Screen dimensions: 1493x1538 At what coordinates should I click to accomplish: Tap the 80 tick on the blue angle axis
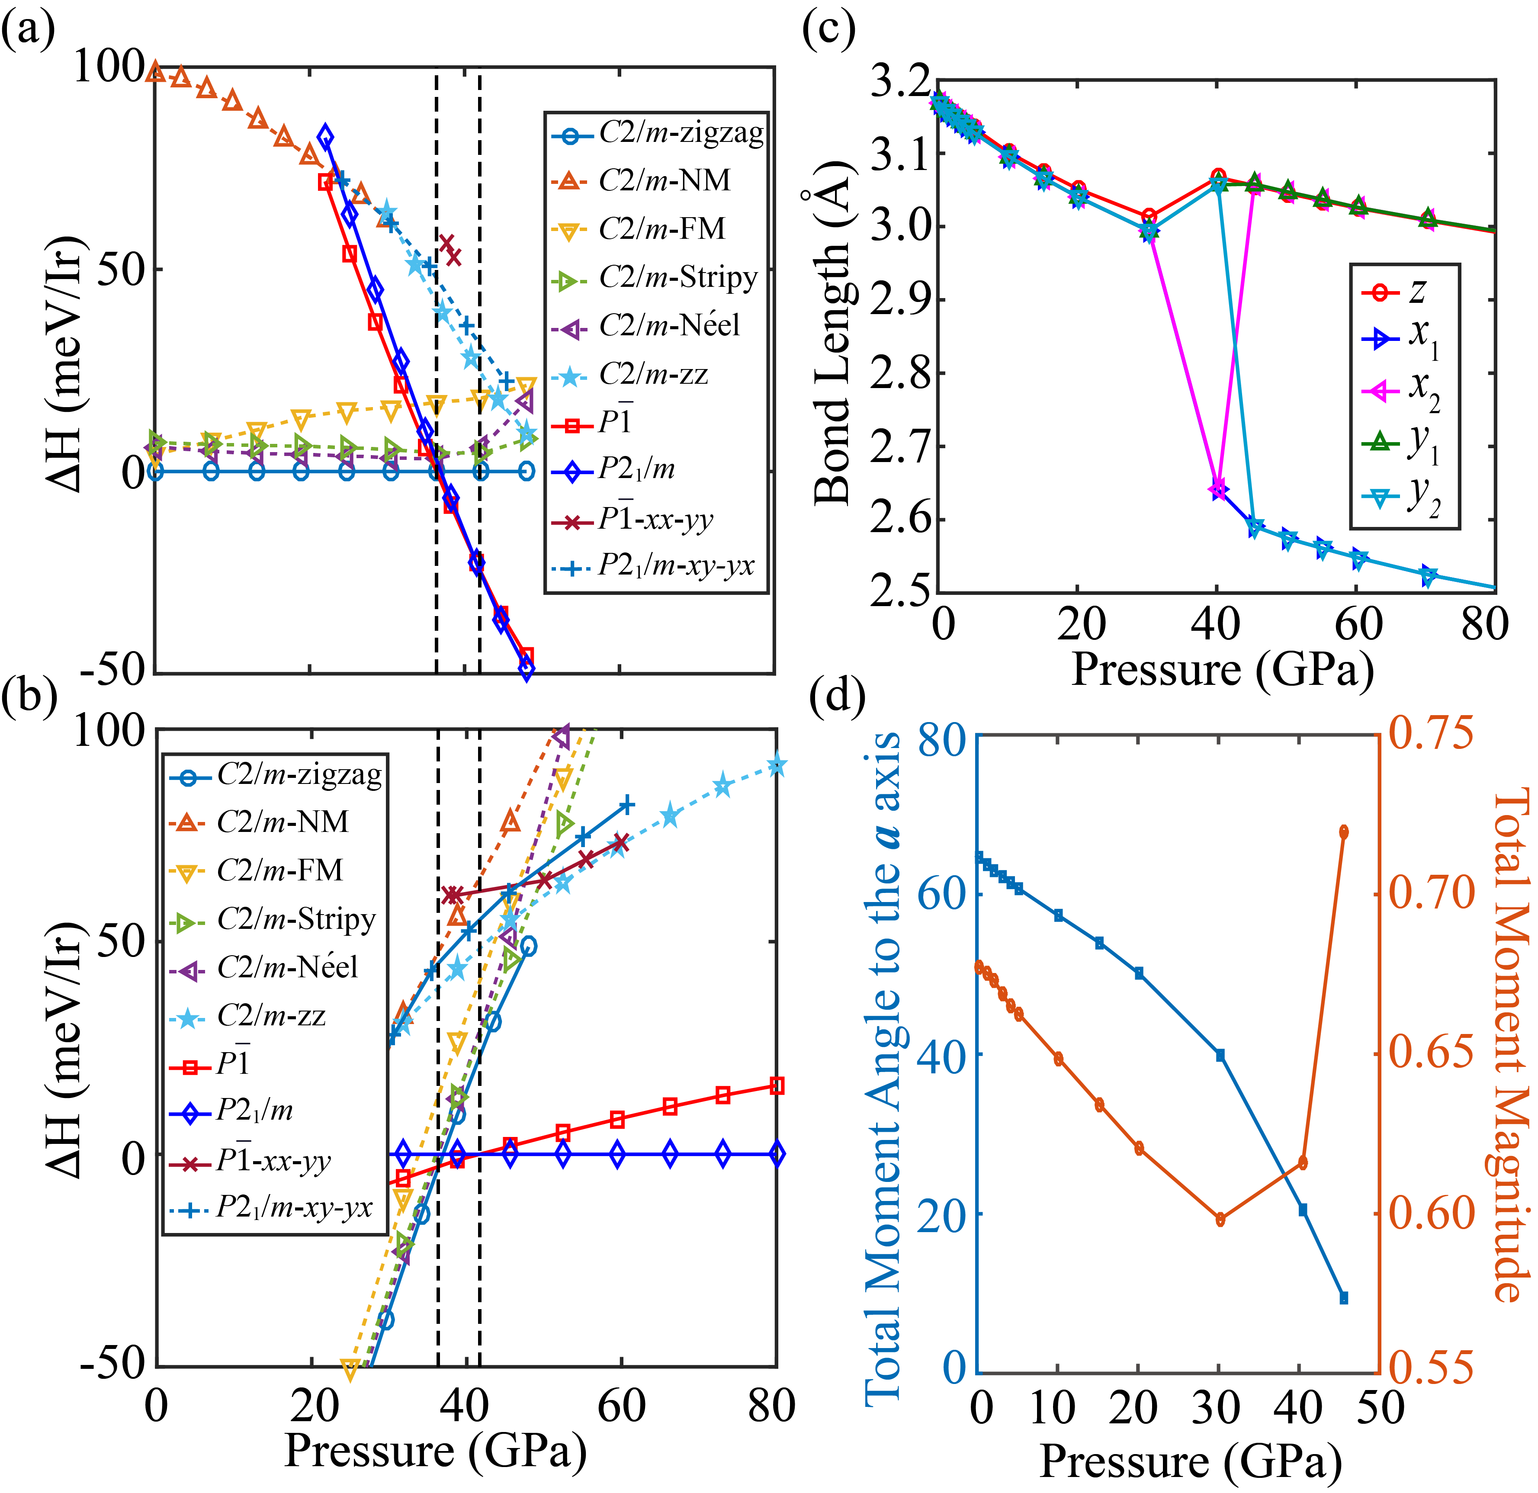pos(942,738)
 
